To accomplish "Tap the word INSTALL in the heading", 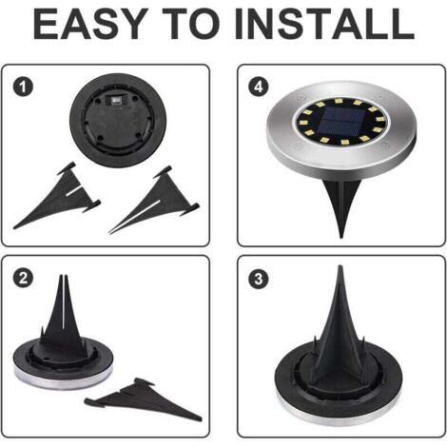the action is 324,24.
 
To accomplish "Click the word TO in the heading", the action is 191,24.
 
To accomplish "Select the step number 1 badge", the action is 23,87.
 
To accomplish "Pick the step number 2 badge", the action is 23,279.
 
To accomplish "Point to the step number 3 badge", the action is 259,279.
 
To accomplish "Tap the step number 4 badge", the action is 259,87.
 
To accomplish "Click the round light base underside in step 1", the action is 118,121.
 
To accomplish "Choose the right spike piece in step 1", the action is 155,200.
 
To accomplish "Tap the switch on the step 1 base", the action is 115,101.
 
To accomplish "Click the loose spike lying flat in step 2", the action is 143,398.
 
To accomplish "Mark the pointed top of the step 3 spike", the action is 340,266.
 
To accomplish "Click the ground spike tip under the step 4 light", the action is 341,237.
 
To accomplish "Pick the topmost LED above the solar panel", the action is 338,102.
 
